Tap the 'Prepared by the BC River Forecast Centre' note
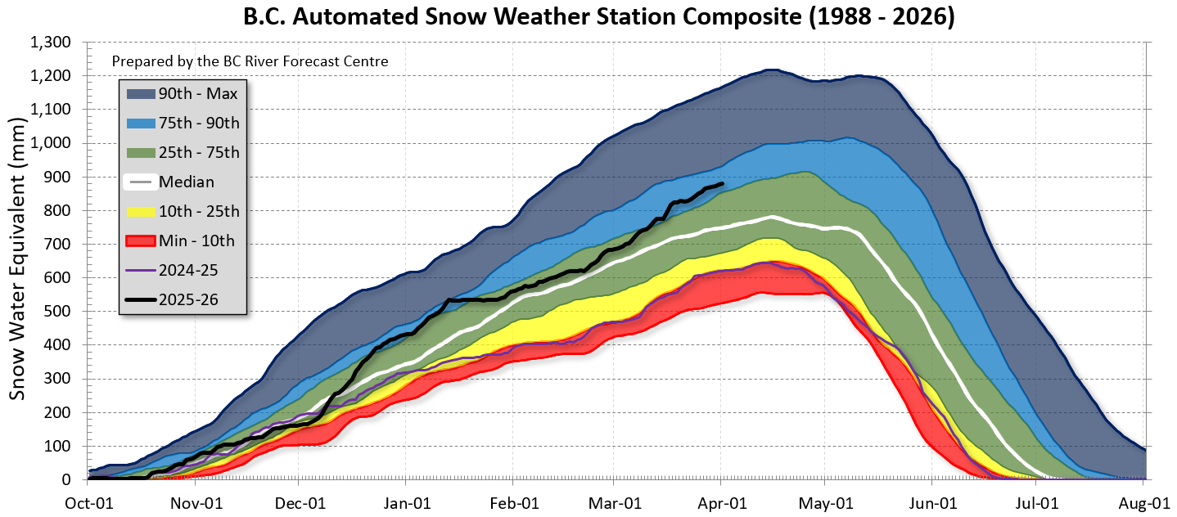[250, 61]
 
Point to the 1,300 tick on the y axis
[51, 42]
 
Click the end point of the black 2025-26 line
[722, 184]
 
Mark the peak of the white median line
[771, 217]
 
